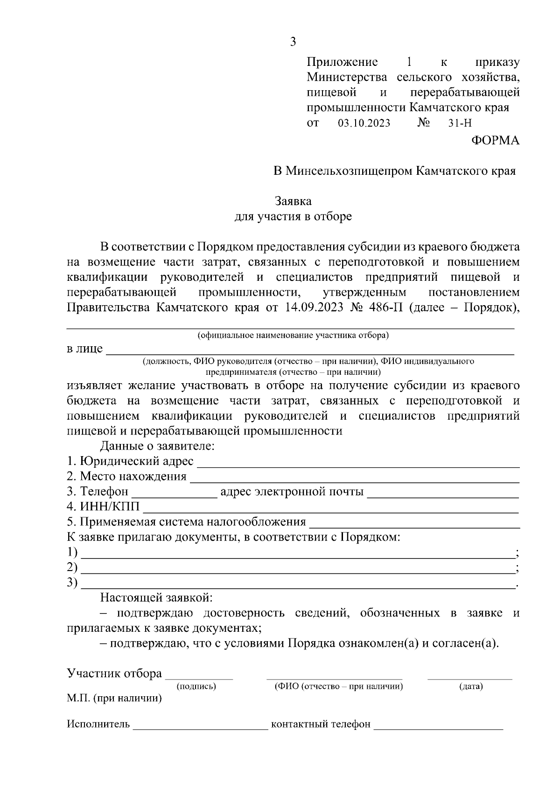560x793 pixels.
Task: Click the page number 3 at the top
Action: coord(293,42)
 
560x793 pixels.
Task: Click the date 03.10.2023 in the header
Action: coord(364,124)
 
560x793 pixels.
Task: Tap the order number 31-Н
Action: coord(460,124)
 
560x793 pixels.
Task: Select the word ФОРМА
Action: coord(495,141)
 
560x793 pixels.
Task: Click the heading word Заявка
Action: coord(293,201)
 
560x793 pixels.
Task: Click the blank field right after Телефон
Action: coord(175,493)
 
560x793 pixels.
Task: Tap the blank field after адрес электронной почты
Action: coord(443,493)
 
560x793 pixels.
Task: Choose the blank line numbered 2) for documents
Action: coord(298,569)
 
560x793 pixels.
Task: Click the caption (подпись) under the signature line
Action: coord(196,686)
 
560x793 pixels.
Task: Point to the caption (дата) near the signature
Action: coord(471,686)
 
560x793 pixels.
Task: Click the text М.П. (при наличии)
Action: coord(114,699)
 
